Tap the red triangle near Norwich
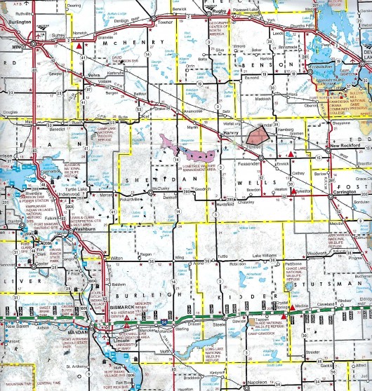pyautogui.click(x=80, y=44)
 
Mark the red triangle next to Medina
pyautogui.click(x=292, y=307)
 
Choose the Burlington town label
pyautogui.click(x=20, y=21)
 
